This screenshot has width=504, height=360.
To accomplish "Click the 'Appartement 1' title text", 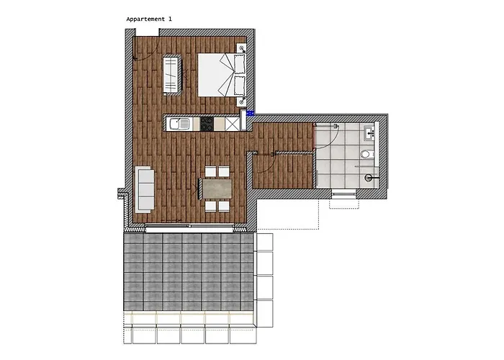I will point(149,18).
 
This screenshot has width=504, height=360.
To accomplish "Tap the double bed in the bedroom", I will point(222,74).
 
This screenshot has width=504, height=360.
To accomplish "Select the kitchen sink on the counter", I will point(179,125).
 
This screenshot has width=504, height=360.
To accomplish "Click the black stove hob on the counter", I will point(207,125).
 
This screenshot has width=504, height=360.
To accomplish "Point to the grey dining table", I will point(217,189).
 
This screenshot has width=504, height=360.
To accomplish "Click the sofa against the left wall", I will point(145,189).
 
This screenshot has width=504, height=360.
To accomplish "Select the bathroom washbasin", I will point(369,132).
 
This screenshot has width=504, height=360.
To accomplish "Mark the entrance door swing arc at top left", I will point(142,50).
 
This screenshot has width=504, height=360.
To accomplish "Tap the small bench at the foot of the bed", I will point(172,75).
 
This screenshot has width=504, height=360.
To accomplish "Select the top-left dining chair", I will point(210,172).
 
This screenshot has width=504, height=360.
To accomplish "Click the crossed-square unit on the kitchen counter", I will point(232,125).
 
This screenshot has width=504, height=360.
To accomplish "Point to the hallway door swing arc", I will point(264,160).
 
